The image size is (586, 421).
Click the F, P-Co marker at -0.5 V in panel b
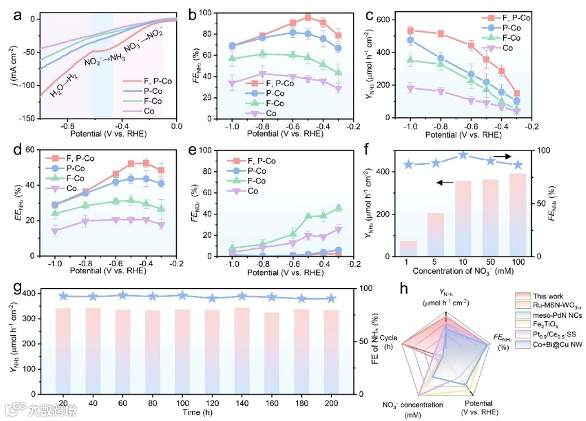pos(308,17)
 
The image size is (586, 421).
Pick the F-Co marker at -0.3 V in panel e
pos(338,208)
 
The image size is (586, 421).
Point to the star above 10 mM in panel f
pos(462,155)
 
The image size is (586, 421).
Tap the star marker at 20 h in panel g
pos(64,296)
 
